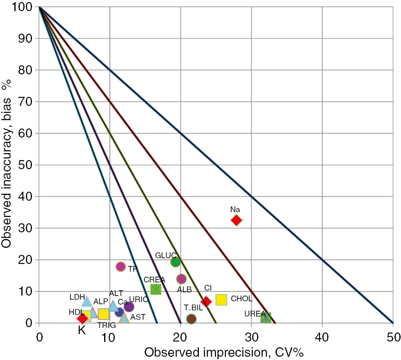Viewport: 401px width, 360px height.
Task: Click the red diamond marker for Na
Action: [x=236, y=220]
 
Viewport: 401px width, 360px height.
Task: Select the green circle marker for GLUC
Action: [x=175, y=262]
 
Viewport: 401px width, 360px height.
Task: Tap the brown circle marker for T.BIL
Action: [x=191, y=319]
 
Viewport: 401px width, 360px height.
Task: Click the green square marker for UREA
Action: [x=266, y=318]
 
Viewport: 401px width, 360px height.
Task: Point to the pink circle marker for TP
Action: [x=121, y=267]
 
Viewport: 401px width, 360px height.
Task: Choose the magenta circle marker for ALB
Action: [x=181, y=279]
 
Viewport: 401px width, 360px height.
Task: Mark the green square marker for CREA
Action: [x=156, y=289]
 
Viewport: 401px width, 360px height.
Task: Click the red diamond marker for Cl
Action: [x=206, y=302]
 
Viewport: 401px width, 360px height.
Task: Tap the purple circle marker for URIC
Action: [x=129, y=307]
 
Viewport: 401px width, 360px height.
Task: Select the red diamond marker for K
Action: [x=82, y=319]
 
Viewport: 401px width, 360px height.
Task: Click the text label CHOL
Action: [x=242, y=299]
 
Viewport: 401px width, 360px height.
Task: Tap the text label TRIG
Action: [x=107, y=326]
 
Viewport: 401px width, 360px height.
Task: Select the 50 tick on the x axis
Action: [x=393, y=337]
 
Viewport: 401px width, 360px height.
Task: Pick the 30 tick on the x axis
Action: [x=251, y=337]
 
